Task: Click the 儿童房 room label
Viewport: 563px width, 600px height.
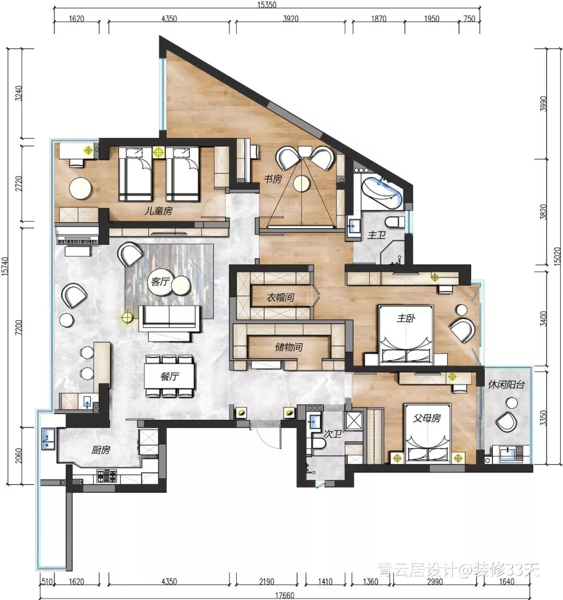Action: click(158, 210)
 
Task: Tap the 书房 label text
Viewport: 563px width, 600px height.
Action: click(273, 179)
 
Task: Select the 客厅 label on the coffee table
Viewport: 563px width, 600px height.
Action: click(160, 282)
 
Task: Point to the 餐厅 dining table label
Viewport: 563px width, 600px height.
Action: click(169, 376)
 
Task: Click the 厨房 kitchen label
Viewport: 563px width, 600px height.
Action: click(100, 449)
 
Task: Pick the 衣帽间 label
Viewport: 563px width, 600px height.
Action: click(280, 297)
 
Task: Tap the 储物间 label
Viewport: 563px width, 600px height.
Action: click(289, 347)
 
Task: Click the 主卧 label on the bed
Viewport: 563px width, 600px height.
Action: click(406, 318)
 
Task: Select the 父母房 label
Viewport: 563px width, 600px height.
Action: click(426, 418)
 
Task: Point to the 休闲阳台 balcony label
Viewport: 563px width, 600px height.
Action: click(506, 384)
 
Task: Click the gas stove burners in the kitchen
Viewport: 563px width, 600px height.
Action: click(106, 476)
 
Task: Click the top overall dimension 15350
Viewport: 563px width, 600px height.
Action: click(266, 5)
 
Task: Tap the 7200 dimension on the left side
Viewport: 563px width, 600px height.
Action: click(19, 327)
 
